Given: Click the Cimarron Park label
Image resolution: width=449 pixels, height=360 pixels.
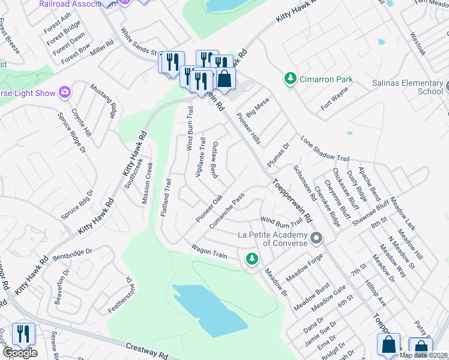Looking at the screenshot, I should pos(326,79).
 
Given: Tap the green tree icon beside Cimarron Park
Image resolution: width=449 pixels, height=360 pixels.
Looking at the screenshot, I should pos(291,79).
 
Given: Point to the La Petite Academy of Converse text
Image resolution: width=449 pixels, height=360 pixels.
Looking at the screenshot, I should pos(272,239).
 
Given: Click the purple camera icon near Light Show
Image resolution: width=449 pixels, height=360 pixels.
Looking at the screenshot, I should pos(64,92).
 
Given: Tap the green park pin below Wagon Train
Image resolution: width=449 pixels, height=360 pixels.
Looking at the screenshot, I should pos(252,259).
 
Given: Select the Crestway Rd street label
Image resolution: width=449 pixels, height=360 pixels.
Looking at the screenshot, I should pos(147,350).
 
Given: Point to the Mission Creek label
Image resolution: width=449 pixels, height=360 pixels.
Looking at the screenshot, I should pos(148,183).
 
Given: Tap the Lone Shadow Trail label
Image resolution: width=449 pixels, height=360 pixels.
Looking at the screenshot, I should pos(325,148).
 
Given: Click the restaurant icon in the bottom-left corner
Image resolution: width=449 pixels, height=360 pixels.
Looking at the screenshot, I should pos(23,334).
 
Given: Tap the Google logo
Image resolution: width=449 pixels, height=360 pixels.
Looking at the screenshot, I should pos(20,352).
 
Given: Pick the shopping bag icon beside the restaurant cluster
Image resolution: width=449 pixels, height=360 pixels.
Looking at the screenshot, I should pos(225,79).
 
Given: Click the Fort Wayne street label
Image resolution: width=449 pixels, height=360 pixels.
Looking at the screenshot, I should pos(334,98).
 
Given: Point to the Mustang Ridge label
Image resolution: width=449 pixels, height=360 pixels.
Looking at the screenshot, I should pos(102,101).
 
